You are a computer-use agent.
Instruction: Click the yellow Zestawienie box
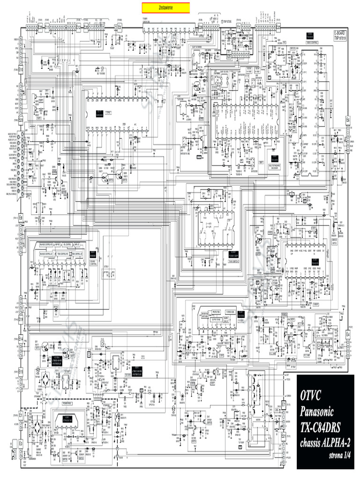166,7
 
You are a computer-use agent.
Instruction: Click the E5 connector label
120,27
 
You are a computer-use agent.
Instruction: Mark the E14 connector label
22,339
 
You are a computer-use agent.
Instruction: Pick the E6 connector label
348,120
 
